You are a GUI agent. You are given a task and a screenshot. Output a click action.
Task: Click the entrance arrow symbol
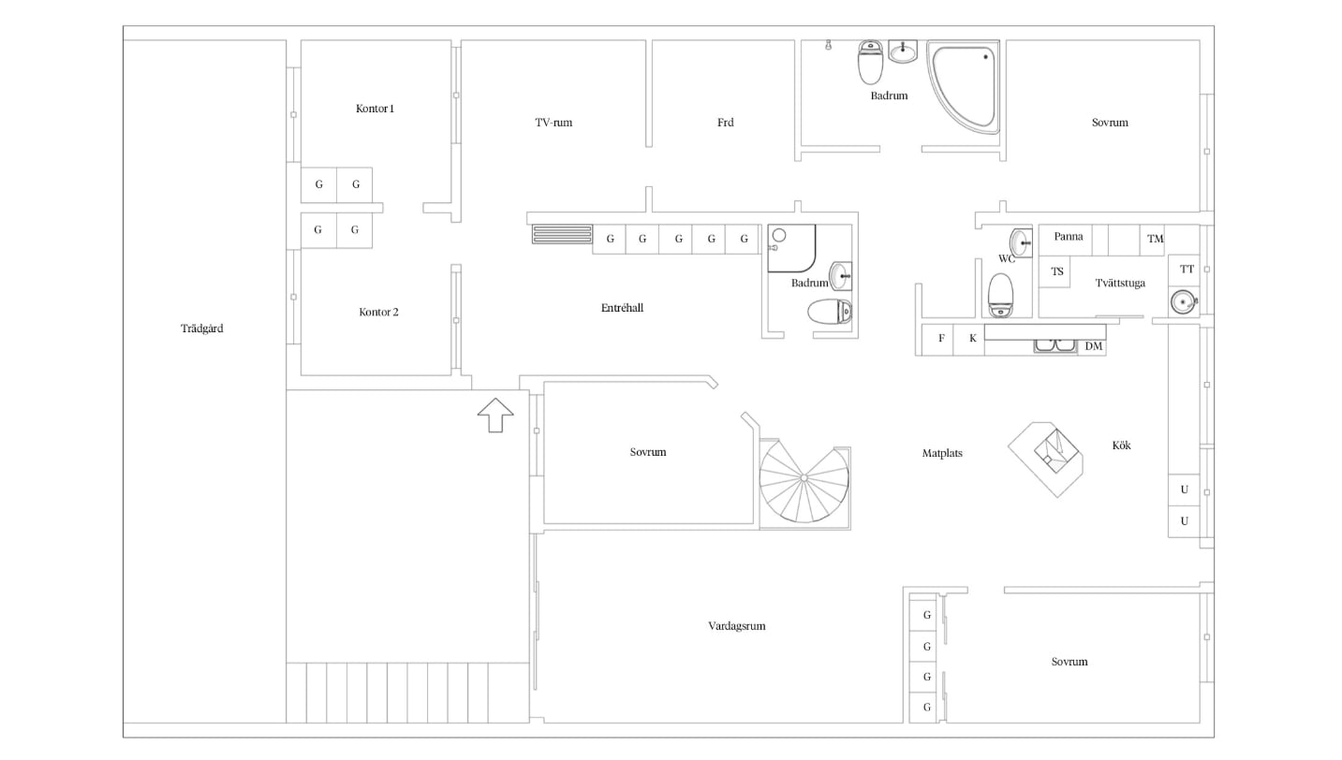pos(495,415)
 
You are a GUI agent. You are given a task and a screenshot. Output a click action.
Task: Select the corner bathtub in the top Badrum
pos(963,87)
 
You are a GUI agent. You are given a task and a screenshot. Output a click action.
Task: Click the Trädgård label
pos(202,329)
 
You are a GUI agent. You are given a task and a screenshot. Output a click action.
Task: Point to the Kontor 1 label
pos(375,109)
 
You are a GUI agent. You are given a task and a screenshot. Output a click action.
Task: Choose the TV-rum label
pos(553,123)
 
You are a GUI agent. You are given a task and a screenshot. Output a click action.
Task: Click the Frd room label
pos(726,123)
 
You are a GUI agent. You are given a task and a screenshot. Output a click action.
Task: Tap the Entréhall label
pos(622,308)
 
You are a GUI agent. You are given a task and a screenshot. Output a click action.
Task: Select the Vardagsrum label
pos(737,626)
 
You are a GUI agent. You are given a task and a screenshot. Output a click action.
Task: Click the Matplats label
pos(942,453)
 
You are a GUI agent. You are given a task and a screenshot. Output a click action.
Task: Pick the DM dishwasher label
pos(1094,346)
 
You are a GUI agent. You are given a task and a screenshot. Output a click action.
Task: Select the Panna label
pos(1069,237)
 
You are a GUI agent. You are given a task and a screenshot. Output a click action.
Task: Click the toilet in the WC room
pos(1000,295)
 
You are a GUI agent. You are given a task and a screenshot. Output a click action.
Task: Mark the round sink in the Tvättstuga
pos(1183,301)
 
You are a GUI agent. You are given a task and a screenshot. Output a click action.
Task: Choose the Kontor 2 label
pos(378,312)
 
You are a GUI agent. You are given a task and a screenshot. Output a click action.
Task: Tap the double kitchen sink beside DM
pos(1055,345)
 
